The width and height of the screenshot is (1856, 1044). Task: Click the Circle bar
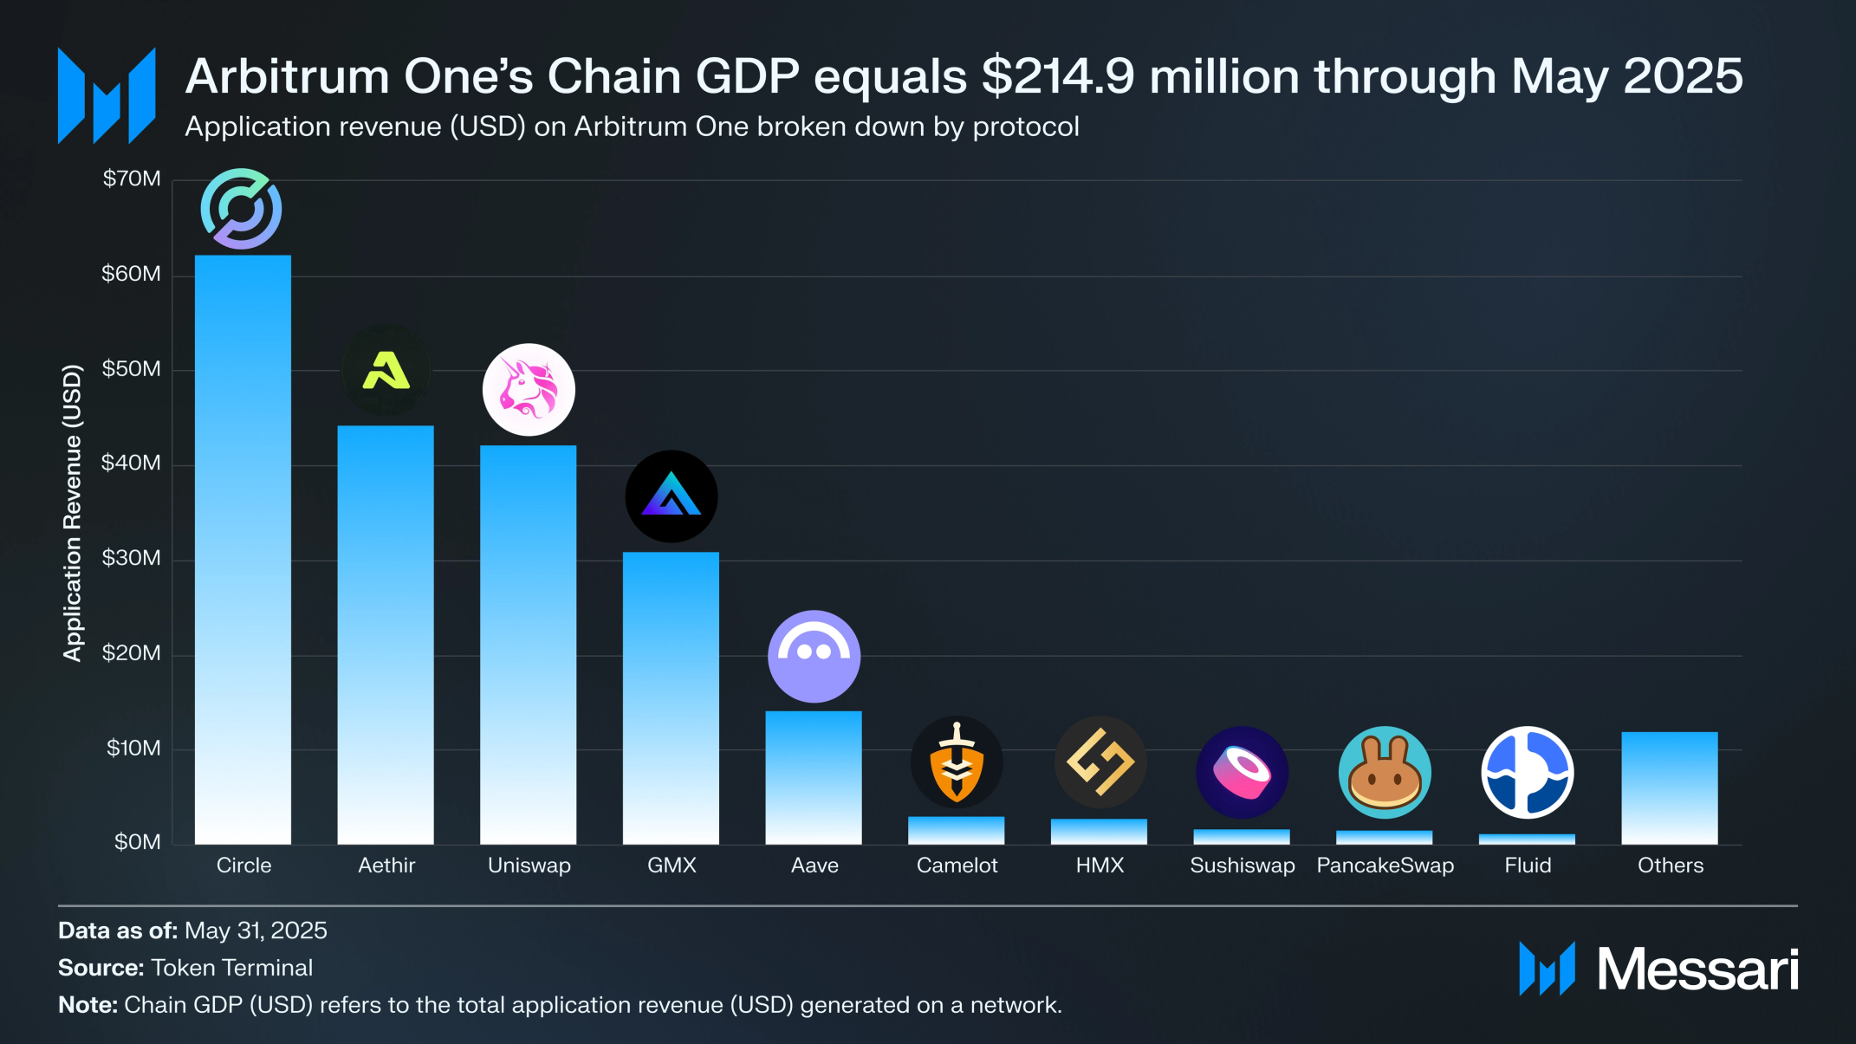[x=243, y=549]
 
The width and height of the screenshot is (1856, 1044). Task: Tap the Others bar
[x=1670, y=788]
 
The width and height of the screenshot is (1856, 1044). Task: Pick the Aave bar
[x=814, y=777]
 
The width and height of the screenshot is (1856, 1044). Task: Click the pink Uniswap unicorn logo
[x=529, y=390]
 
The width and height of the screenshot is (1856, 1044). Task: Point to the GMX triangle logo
[x=672, y=496]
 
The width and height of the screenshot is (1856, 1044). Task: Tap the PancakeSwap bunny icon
[x=1385, y=773]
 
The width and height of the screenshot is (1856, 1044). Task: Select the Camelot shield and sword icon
[x=957, y=762]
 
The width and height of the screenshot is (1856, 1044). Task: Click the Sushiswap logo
[x=1242, y=773]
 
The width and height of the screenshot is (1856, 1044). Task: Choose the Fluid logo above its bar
[x=1528, y=773]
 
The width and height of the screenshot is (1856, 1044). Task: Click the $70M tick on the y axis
[x=132, y=179]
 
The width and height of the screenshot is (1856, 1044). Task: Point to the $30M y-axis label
[x=132, y=558]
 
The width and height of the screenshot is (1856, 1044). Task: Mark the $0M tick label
[x=137, y=842]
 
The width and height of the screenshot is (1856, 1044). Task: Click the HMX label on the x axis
[x=1100, y=866]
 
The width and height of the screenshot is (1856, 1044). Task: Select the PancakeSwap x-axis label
[x=1385, y=866]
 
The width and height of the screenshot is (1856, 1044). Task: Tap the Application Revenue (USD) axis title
[x=73, y=513]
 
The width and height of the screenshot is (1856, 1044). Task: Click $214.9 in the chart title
[x=1058, y=76]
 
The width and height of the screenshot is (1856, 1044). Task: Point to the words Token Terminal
[x=231, y=968]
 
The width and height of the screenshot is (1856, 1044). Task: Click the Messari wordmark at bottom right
[x=1697, y=969]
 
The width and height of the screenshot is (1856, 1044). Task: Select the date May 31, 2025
[x=256, y=931]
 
